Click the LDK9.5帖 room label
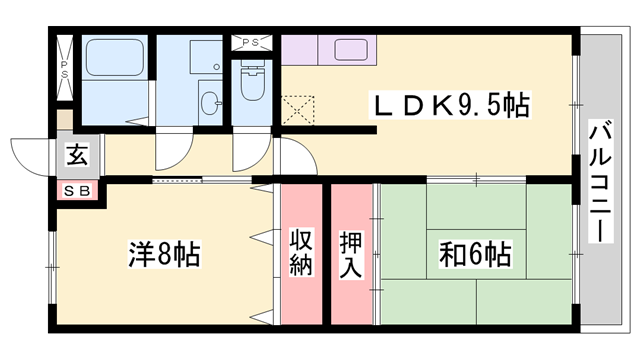(x=452, y=104)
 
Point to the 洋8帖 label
(x=163, y=254)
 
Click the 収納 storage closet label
(x=302, y=254)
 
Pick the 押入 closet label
(x=351, y=254)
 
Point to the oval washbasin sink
(x=209, y=102)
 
